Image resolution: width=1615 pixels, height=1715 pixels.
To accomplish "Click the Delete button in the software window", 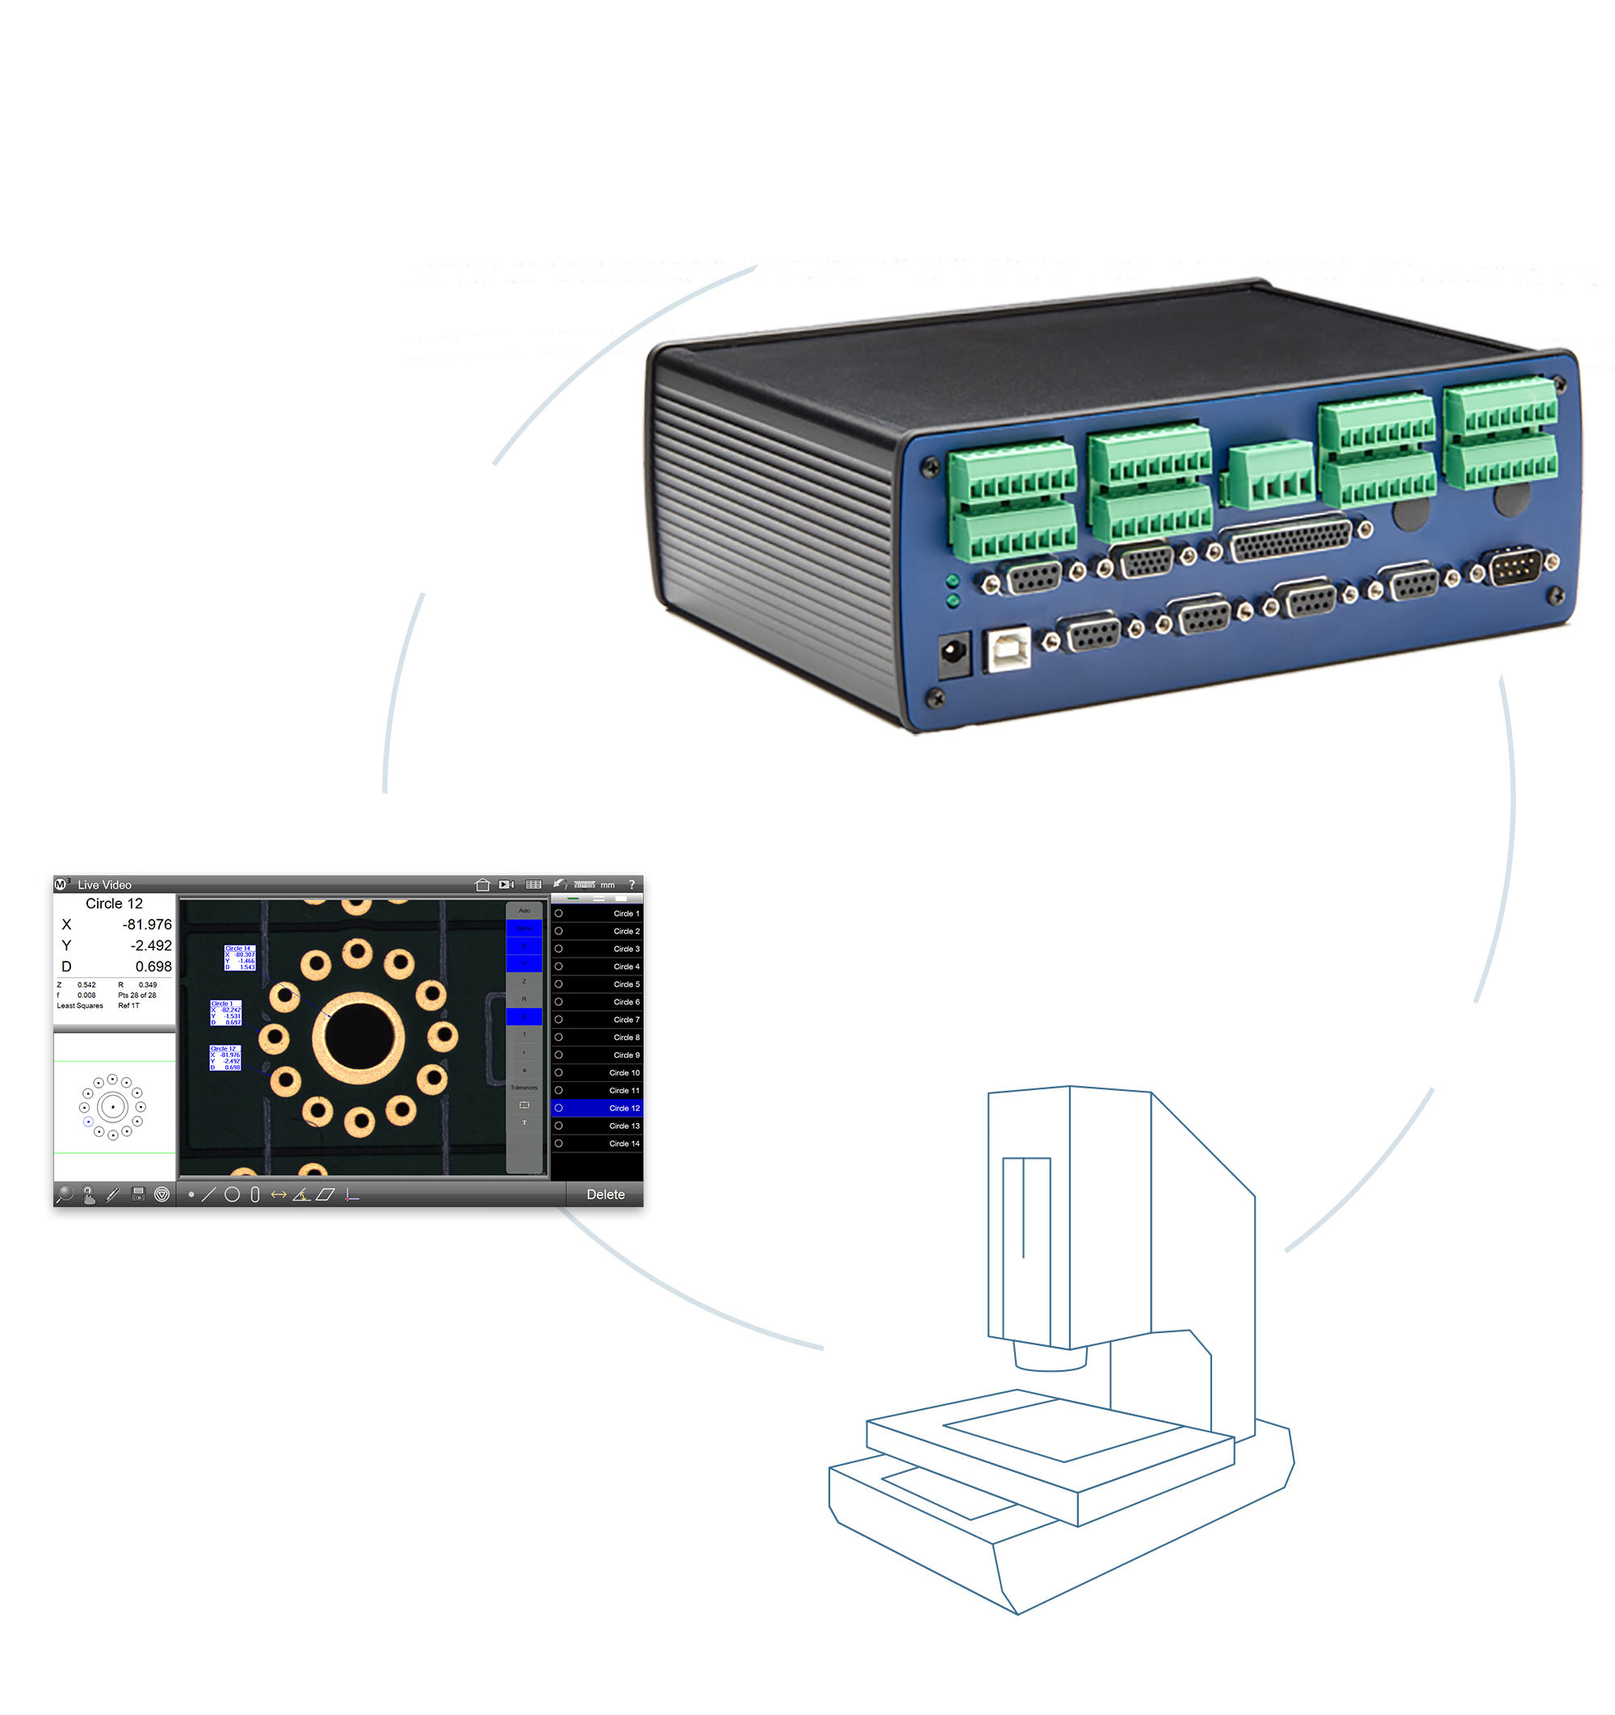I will (605, 1194).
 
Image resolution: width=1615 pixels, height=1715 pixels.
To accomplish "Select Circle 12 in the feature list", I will (623, 1108).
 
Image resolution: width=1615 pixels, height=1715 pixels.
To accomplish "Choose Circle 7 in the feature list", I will (626, 1020).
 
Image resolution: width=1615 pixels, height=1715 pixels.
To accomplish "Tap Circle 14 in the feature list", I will (623, 1143).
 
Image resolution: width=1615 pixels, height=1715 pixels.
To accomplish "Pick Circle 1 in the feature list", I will (626, 913).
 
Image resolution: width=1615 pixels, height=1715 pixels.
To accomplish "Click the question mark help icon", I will (631, 884).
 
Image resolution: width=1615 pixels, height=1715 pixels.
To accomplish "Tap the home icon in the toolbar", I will (482, 884).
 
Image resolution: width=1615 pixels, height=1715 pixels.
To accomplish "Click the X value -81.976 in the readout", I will (147, 925).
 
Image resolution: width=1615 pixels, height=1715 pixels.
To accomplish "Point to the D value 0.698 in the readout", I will (153, 967).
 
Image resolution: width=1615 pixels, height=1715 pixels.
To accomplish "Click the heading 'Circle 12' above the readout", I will (114, 904).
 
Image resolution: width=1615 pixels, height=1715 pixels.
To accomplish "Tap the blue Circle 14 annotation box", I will (240, 958).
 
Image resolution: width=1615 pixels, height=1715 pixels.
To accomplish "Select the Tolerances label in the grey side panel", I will (524, 1087).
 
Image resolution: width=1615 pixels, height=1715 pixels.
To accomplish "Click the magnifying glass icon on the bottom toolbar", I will (65, 1194).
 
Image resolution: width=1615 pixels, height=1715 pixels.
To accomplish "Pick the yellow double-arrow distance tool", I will (278, 1195).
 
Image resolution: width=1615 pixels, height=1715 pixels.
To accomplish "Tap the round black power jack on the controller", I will (954, 652).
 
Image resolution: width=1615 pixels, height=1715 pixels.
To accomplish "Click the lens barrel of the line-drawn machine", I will (1050, 1357).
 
